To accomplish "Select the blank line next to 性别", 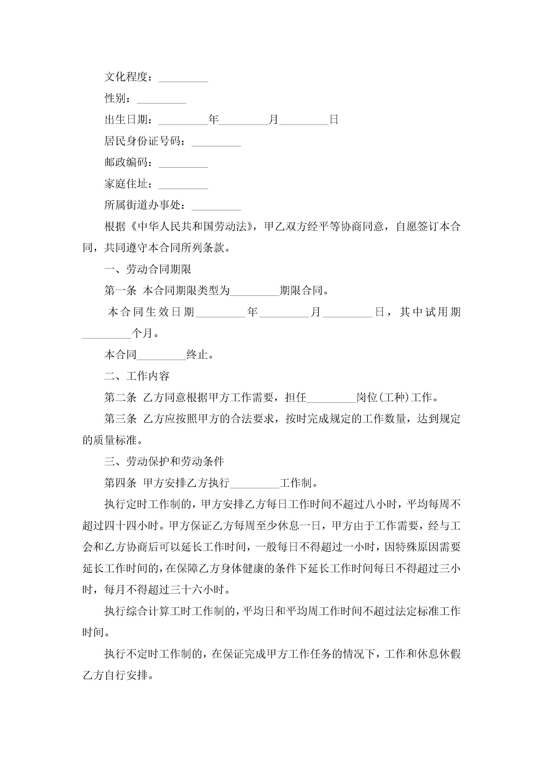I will pos(161,100).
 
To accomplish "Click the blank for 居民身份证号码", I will pos(216,142).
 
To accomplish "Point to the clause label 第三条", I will pos(120,419).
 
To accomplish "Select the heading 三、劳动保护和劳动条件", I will pos(164,461).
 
